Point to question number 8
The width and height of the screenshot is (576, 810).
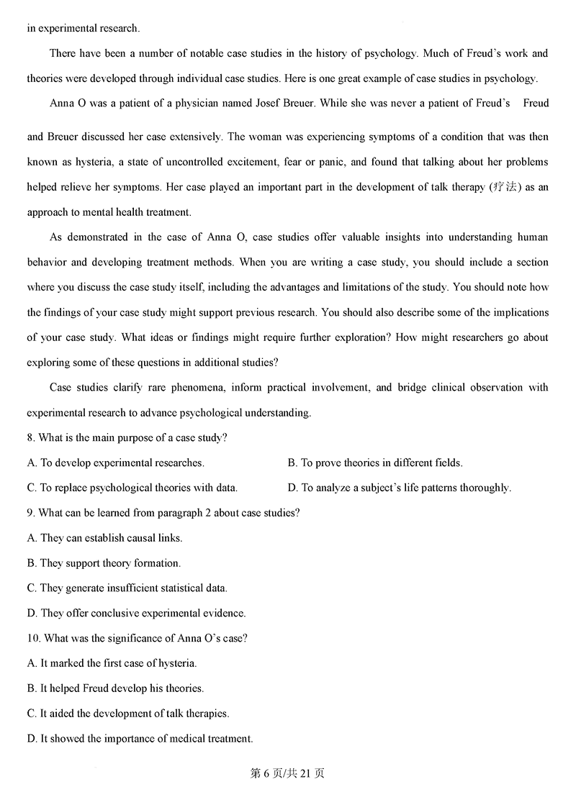pos(31,437)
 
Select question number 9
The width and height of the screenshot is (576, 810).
pos(31,513)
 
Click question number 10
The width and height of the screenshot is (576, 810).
pos(34,638)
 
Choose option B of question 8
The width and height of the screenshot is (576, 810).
pos(374,463)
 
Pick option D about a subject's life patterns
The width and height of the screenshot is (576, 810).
pos(399,488)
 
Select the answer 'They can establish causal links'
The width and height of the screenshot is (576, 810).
pos(104,538)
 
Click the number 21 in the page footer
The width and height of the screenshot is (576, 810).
pos(306,773)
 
